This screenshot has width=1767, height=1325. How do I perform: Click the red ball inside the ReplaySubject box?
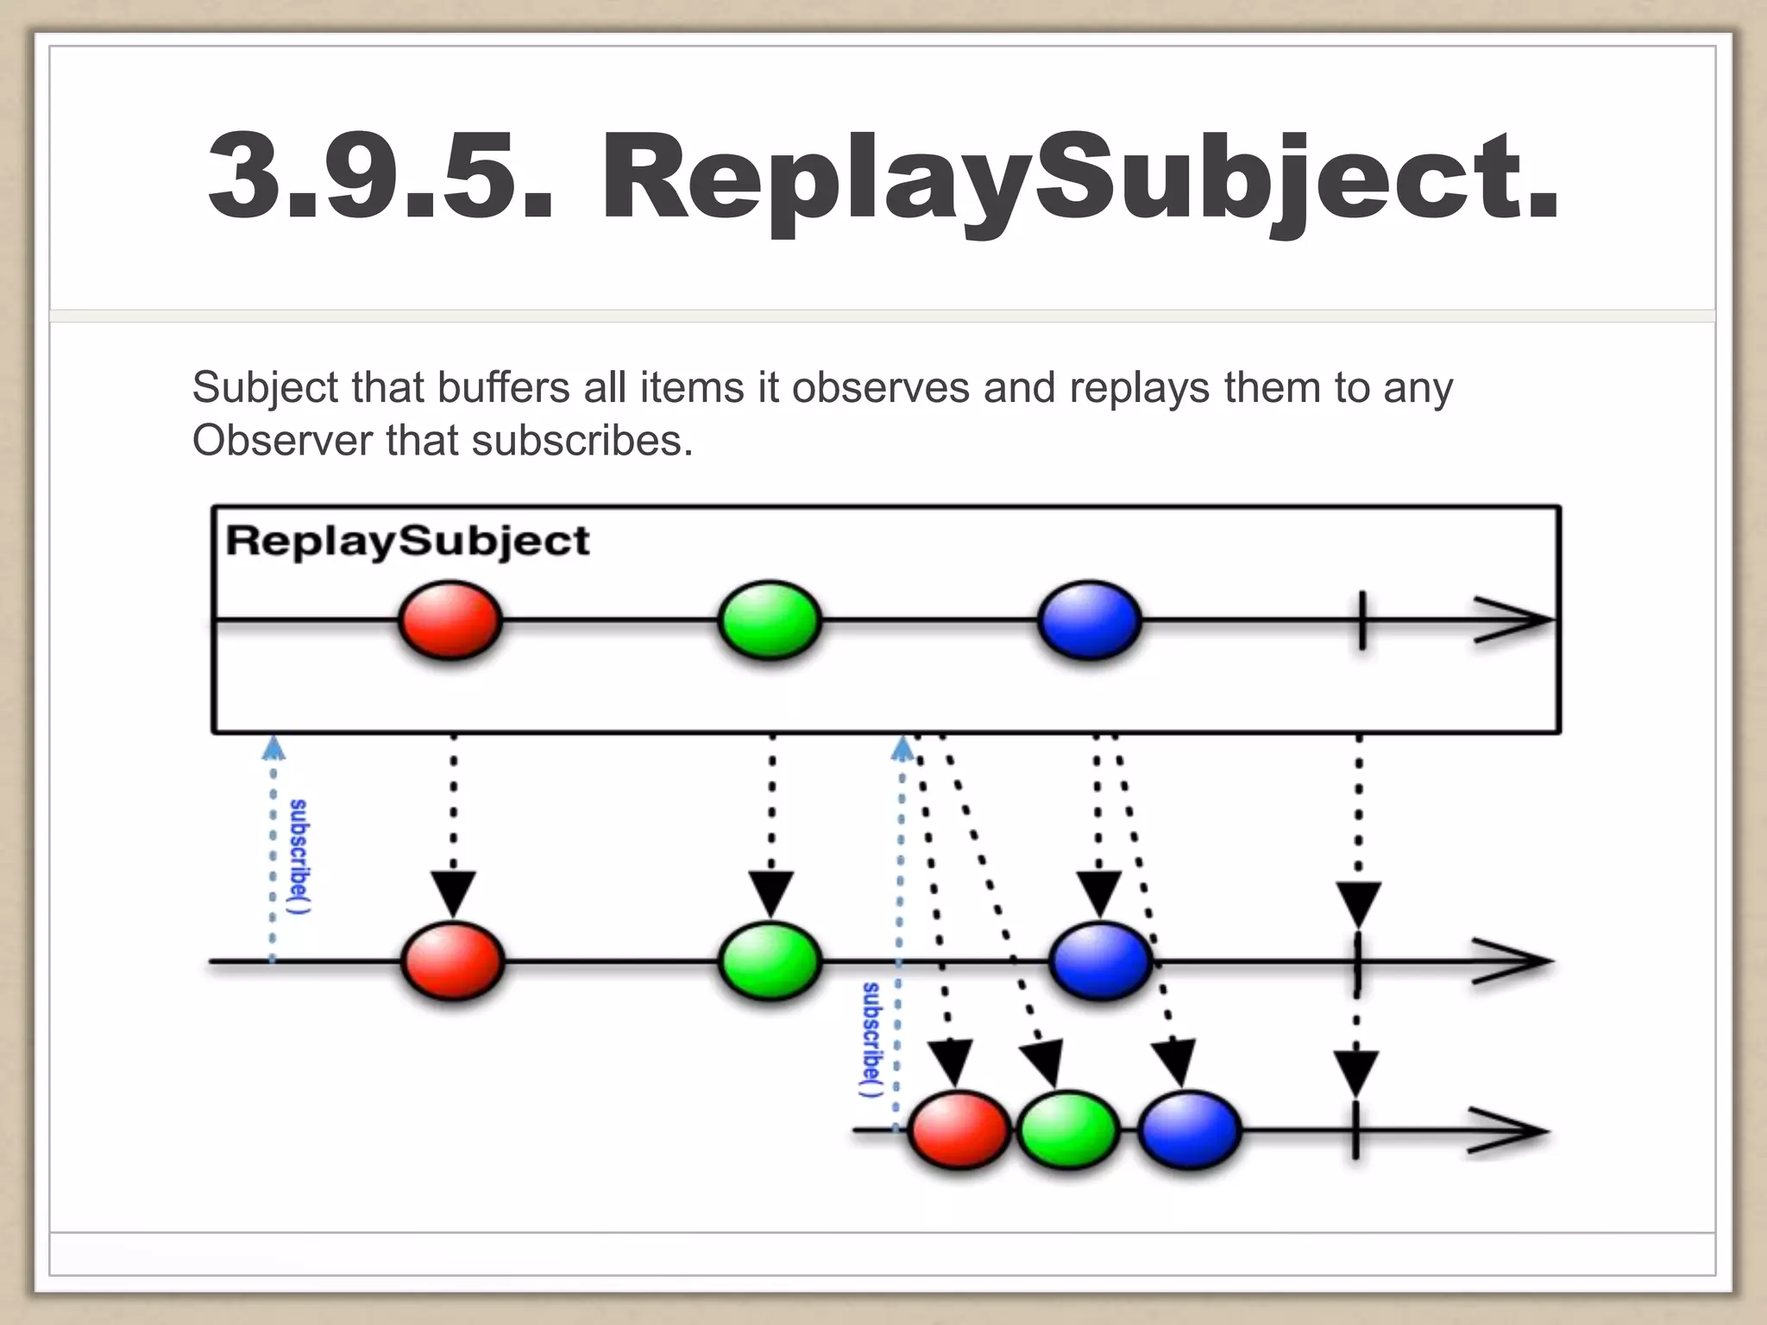[450, 620]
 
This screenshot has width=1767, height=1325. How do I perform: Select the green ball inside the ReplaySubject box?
[770, 620]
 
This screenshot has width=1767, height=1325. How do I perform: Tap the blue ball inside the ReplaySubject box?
[1090, 620]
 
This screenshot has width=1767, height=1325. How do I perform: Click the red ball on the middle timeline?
[452, 960]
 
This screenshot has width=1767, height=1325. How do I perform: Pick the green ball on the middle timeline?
[770, 960]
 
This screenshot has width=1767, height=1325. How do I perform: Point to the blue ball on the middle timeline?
[1101, 960]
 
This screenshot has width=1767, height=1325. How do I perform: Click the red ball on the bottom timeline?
[959, 1130]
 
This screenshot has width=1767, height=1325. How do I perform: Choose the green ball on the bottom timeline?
[1068, 1130]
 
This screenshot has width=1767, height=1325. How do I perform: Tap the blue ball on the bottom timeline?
[1190, 1130]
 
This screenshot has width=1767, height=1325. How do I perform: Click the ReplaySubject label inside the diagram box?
[407, 542]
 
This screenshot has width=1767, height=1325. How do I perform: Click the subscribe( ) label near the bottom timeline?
[872, 1039]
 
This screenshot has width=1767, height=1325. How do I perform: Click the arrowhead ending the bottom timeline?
[1508, 1131]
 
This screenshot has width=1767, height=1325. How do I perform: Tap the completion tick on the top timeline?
[1361, 620]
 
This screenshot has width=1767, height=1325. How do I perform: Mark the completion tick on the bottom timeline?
[1355, 1131]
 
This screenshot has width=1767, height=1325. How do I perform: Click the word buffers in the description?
[503, 387]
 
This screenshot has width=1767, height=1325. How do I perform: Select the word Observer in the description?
[282, 441]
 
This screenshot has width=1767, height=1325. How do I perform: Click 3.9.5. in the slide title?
[380, 176]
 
